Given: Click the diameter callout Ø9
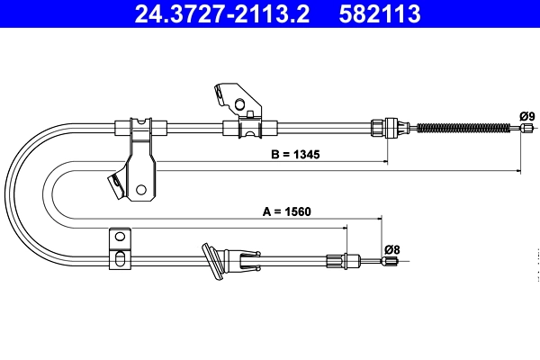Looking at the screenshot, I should (527, 115).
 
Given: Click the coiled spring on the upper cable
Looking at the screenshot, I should (459, 128).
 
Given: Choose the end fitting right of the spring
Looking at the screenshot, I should (518, 130).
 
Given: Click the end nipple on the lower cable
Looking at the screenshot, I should (390, 262).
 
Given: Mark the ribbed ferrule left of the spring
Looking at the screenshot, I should (391, 127).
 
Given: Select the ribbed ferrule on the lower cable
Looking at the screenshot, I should (337, 261).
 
